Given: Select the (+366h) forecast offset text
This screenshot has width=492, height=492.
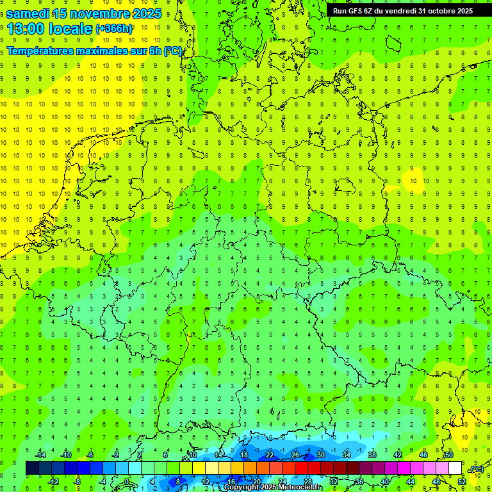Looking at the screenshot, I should pyautogui.click(x=114, y=29).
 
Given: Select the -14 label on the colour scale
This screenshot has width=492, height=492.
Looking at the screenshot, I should pyautogui.click(x=42, y=455).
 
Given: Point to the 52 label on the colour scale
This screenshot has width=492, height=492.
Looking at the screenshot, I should pyautogui.click(x=461, y=481).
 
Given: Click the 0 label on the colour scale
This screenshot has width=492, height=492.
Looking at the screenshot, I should pyautogui.click(x=127, y=481).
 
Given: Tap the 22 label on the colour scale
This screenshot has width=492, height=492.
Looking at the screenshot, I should pyautogui.click(x=269, y=455).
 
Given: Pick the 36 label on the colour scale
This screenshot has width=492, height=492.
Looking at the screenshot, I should pyautogui.click(x=359, y=481).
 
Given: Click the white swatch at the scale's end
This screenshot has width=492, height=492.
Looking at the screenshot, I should pyautogui.click(x=455, y=468).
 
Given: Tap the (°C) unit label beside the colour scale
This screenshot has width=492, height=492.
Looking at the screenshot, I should pyautogui.click(x=477, y=469).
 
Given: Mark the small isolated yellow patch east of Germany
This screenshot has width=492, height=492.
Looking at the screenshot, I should pyautogui.click(x=413, y=179).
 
